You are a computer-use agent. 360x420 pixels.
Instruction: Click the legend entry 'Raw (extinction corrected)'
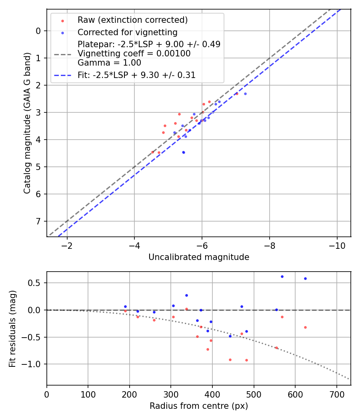click(x=132, y=20)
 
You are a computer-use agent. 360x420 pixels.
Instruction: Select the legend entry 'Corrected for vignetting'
click(x=127, y=32)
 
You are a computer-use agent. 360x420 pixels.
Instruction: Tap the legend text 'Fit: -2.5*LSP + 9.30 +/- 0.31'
click(x=136, y=75)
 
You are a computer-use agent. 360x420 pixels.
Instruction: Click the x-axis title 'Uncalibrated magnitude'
click(x=199, y=257)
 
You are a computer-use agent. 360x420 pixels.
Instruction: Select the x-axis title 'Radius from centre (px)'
click(x=199, y=406)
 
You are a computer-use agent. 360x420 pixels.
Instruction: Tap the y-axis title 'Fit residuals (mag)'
click(x=13, y=328)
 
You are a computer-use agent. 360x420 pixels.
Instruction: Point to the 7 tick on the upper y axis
click(x=38, y=221)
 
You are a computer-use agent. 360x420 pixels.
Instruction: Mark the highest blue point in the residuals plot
click(x=282, y=276)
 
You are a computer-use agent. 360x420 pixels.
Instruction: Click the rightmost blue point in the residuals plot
click(x=305, y=278)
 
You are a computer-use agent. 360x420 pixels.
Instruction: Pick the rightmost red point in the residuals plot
click(x=305, y=327)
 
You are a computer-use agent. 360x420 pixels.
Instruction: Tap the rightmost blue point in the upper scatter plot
click(x=245, y=94)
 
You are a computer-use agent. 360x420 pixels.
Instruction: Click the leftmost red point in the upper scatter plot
click(x=152, y=152)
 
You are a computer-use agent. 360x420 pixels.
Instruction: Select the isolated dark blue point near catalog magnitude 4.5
click(x=184, y=152)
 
